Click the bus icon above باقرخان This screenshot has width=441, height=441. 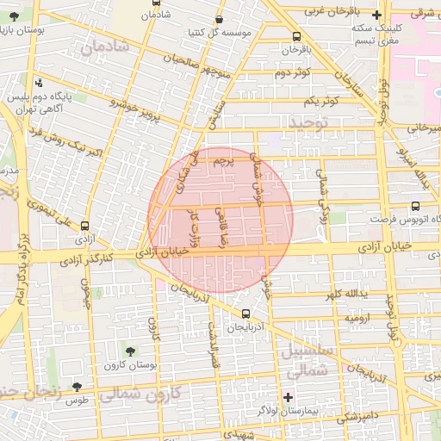(297, 36)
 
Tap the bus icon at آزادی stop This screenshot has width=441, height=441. (84, 225)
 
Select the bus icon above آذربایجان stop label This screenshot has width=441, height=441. (248, 314)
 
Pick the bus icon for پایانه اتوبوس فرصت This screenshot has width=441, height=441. (416, 207)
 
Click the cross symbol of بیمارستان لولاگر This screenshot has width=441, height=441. (288, 396)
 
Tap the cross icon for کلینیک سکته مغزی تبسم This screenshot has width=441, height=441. (376, 15)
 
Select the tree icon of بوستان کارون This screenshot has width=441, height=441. (130, 351)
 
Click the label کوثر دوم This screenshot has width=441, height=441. (291, 73)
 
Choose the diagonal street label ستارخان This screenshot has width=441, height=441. (349, 83)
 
